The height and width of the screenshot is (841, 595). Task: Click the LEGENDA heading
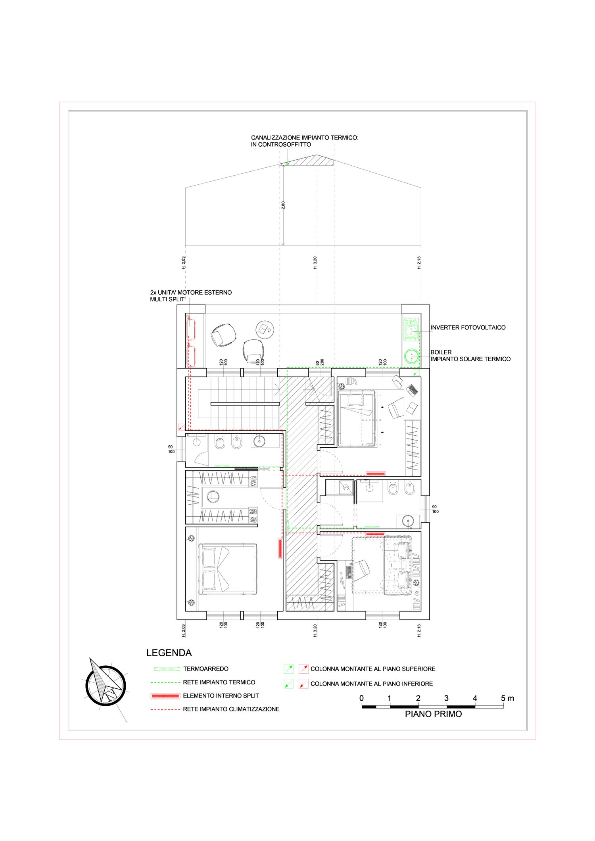coord(169,653)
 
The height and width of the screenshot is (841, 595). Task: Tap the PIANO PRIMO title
coord(433,714)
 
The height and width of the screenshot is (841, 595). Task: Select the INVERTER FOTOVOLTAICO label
coord(468,328)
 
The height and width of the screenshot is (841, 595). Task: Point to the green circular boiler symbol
coord(412,356)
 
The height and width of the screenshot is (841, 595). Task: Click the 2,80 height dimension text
coord(283,205)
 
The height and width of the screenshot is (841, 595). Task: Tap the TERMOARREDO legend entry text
coord(206,669)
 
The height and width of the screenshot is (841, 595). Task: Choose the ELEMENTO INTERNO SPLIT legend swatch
coord(165,696)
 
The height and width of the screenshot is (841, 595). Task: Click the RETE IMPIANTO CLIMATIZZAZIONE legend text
coord(231,709)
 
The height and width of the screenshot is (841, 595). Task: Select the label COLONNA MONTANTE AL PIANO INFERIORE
coord(372,684)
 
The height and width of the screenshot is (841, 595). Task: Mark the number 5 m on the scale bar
coord(507,698)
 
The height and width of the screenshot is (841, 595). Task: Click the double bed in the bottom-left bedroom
coord(228,569)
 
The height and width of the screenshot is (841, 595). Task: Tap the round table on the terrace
coord(265,330)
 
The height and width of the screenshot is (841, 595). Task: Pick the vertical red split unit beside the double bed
coord(280,548)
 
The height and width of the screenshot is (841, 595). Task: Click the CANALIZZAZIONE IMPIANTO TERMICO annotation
coord(305,141)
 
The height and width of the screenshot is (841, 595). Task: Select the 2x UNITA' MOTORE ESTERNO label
coord(191,296)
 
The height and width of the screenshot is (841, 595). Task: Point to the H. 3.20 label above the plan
coord(315,263)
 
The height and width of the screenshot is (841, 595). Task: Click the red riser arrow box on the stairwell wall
coord(181,427)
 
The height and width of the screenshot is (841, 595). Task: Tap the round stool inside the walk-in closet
coord(213,496)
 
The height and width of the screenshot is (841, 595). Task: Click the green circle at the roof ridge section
coord(287,164)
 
